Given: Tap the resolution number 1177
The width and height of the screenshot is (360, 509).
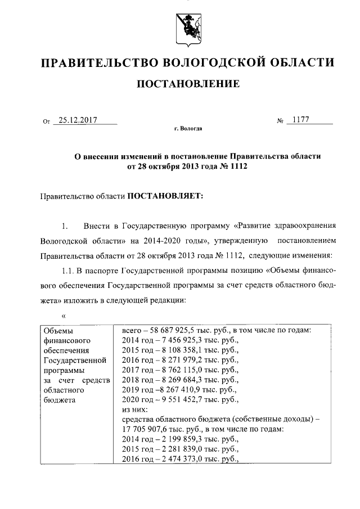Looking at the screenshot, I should (x=301, y=120).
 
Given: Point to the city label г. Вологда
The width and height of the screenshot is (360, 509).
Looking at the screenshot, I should (x=188, y=129).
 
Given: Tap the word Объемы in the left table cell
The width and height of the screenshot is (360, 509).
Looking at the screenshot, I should (x=58, y=331).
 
